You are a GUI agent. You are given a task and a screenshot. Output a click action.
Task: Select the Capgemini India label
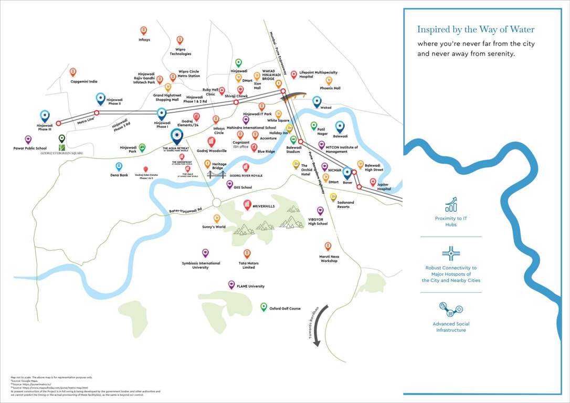84,82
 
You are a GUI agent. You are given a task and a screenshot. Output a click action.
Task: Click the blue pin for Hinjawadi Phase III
45,115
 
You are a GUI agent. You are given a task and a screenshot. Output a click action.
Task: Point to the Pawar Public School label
30,149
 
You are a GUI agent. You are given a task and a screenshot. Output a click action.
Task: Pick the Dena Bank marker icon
119,166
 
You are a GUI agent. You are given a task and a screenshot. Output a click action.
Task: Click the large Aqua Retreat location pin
177,136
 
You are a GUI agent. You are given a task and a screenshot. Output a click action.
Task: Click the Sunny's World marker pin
216,218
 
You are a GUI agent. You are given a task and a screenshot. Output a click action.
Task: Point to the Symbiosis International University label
201,266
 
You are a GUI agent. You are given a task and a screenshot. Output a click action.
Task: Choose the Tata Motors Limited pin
247,253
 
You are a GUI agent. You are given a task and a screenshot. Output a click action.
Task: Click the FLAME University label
251,287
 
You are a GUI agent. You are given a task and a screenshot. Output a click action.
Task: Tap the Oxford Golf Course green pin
264,306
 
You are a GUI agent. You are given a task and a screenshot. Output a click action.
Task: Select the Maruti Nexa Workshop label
329,259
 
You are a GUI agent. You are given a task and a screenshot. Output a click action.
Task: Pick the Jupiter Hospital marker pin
373,182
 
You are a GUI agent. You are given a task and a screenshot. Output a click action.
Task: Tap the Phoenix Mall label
330,88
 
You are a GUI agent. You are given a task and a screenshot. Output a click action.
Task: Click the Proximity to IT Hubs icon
451,204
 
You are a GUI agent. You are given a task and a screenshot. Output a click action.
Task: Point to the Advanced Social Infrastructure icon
451,309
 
